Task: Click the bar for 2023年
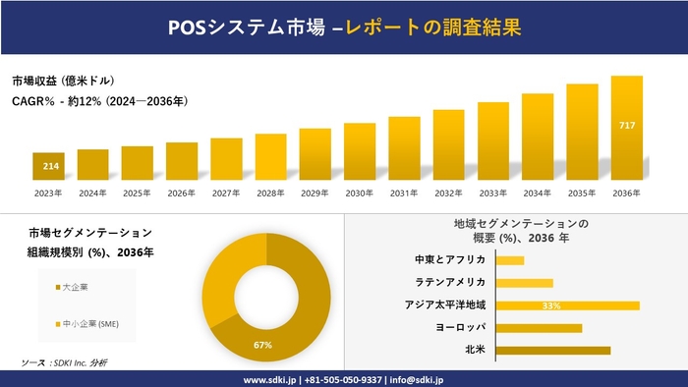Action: tap(48, 166)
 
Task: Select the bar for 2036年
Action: tap(626, 128)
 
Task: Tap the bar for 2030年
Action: tap(360, 151)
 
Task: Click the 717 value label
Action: tap(626, 126)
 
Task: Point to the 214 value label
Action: tap(49, 166)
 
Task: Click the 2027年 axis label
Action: tap(226, 193)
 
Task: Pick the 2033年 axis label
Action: tap(493, 193)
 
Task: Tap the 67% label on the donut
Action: tap(261, 345)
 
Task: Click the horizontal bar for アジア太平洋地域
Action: tap(567, 305)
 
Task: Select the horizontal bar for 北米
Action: tap(552, 350)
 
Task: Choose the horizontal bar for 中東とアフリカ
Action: tap(509, 260)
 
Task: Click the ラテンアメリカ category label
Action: tap(449, 283)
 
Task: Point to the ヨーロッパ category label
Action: tap(459, 327)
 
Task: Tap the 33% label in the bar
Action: tap(550, 305)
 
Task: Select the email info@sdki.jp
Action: tap(417, 379)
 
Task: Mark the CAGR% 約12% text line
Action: tap(99, 101)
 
